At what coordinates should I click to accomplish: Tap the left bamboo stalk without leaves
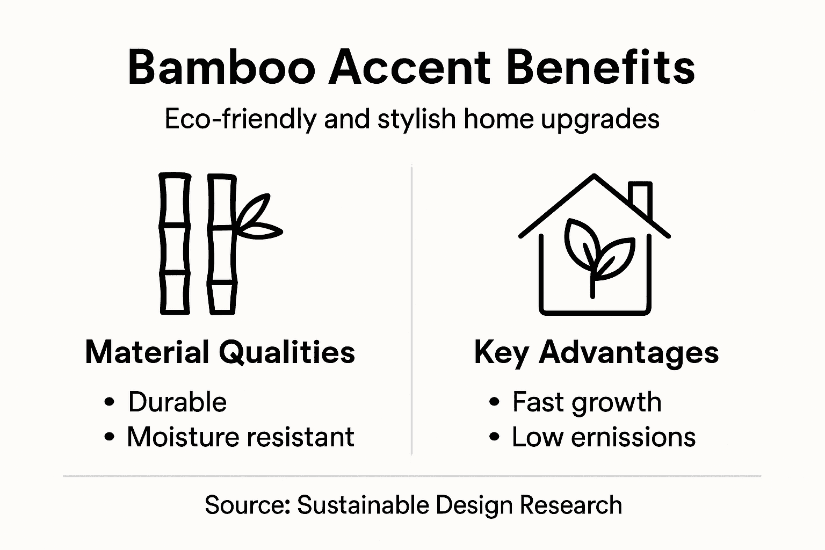pyautogui.click(x=175, y=243)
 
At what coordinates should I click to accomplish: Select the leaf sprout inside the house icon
pyautogui.click(x=596, y=252)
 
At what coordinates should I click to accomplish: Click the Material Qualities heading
pyautogui.click(x=220, y=352)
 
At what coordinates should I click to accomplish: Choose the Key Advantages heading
pyautogui.click(x=596, y=353)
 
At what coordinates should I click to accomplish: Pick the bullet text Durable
pyautogui.click(x=177, y=402)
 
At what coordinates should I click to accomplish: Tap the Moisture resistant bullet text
pyautogui.click(x=240, y=437)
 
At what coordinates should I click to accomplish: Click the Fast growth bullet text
pyautogui.click(x=587, y=402)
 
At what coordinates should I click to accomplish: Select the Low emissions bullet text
pyautogui.click(x=603, y=437)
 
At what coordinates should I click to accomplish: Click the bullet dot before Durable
pyautogui.click(x=110, y=402)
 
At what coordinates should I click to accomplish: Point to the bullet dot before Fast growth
pyautogui.click(x=494, y=402)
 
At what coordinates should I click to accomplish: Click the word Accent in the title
pyautogui.click(x=409, y=68)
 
